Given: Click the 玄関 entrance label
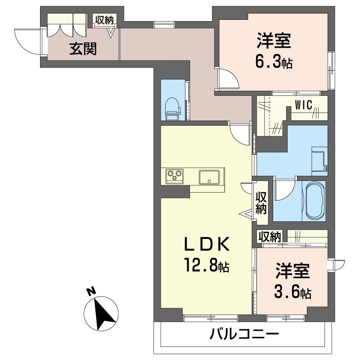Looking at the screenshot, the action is pos(83,49).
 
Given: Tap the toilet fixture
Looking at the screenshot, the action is pos(173,109).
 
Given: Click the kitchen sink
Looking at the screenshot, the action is pos(209,177).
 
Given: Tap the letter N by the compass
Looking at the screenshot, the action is pos(91,291).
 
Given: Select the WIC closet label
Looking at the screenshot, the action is pos(303,105).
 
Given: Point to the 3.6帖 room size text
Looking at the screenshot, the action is pos(293,292).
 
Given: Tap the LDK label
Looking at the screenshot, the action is pos(207,244).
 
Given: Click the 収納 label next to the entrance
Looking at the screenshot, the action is pos(104,20).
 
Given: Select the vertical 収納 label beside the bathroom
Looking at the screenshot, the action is pos(261,202).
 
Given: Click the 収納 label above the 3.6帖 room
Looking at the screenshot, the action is pos(270,237).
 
